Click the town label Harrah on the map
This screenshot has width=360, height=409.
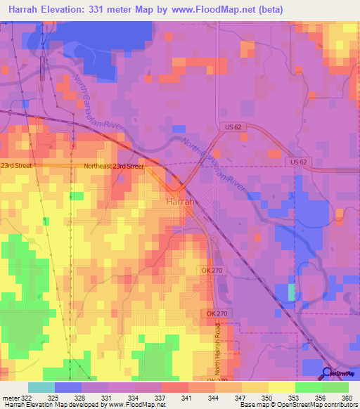coord(179,201)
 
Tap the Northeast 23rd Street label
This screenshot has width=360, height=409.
coord(113,167)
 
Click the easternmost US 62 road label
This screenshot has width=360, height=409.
coord(297,162)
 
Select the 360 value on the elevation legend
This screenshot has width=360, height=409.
coord(346,397)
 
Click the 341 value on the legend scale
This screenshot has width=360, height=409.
coord(186,397)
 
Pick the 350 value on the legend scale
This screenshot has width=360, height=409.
coord(266,397)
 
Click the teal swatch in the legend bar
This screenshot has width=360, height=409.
coord(41,387)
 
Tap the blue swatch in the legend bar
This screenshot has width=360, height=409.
coord(68,387)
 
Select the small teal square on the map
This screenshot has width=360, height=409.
coord(292,292)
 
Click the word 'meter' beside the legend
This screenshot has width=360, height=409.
coord(13,397)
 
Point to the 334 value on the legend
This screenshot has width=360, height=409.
coord(132,397)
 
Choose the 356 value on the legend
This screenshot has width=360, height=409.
coord(319,397)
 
